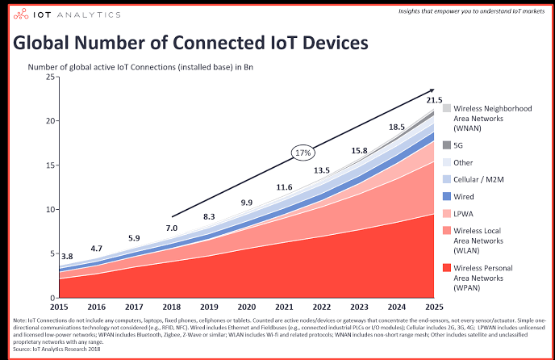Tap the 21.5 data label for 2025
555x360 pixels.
(x=435, y=100)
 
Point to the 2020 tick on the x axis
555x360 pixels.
(x=246, y=308)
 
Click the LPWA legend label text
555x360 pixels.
(x=465, y=214)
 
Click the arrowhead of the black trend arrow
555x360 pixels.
(x=432, y=90)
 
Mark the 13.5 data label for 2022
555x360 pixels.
(x=321, y=170)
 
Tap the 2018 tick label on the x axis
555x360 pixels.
(x=172, y=308)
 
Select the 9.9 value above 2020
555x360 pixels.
(x=246, y=202)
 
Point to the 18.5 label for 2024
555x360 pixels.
(x=397, y=127)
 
